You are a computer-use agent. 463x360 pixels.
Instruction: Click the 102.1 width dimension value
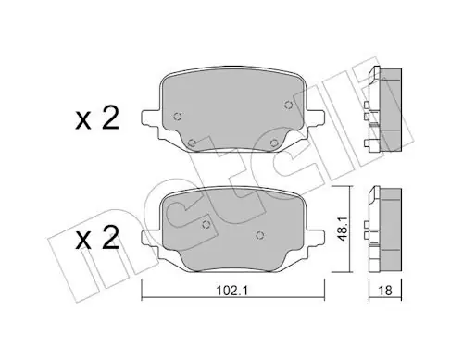pyautogui.click(x=231, y=291)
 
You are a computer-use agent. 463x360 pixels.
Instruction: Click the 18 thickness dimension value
pyautogui.click(x=385, y=291)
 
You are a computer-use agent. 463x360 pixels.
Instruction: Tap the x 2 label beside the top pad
pyautogui.click(x=97, y=119)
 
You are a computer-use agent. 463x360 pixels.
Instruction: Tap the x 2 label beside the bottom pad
pyautogui.click(x=97, y=239)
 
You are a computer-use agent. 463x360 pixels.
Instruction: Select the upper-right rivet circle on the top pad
pyautogui.click(x=288, y=106)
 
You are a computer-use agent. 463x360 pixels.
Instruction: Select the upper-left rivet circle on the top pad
pyautogui.click(x=178, y=117)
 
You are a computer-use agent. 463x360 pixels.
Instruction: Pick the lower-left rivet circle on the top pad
pyautogui.click(x=192, y=143)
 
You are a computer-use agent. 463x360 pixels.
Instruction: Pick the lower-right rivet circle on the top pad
pyautogui.click(x=274, y=143)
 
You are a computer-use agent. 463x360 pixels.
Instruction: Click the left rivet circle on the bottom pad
pyautogui.click(x=206, y=224)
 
